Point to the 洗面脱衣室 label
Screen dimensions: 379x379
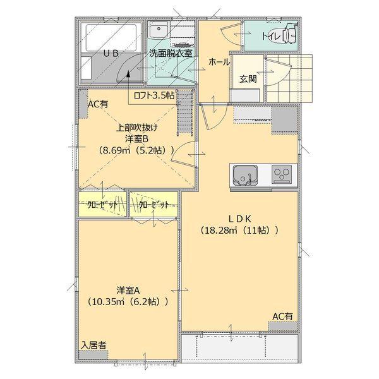(x=171, y=54)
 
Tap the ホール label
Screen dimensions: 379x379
(x=219, y=63)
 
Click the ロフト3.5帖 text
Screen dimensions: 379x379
(x=154, y=97)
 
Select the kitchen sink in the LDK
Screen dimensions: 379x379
(x=244, y=174)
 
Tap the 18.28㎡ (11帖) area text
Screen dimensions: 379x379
(x=239, y=231)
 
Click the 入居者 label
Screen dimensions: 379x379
(x=93, y=346)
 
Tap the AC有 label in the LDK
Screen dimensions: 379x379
(x=282, y=316)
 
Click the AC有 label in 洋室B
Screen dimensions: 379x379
(x=98, y=105)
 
